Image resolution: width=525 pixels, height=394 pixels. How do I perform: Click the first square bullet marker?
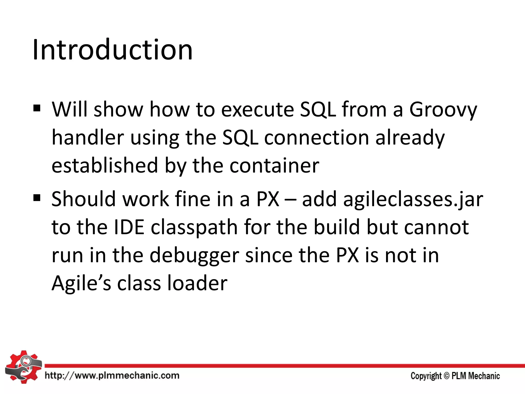(x=37, y=109)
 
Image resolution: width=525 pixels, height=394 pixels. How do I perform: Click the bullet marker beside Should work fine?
(x=37, y=198)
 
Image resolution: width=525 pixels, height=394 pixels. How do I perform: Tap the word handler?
(x=88, y=137)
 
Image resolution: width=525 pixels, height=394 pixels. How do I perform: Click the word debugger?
(x=194, y=256)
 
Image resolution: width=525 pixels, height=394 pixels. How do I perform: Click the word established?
(x=105, y=165)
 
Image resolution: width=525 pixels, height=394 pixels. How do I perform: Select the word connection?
(x=316, y=137)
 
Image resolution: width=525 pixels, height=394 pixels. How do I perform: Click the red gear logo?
(x=23, y=367)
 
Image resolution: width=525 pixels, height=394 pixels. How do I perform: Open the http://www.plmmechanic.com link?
(x=112, y=376)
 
